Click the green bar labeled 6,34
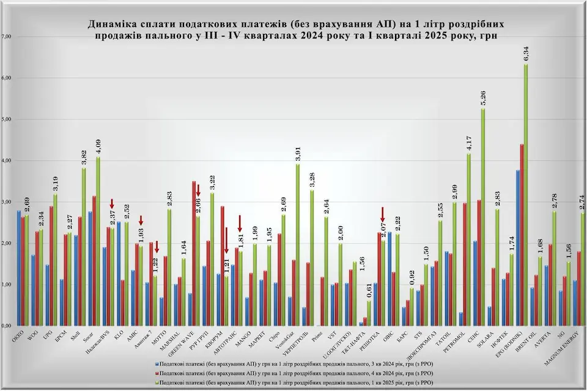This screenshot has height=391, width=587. coord(526,196)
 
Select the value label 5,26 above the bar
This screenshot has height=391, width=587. coord(483,97)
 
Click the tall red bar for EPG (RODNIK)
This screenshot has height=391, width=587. coord(521,236)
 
